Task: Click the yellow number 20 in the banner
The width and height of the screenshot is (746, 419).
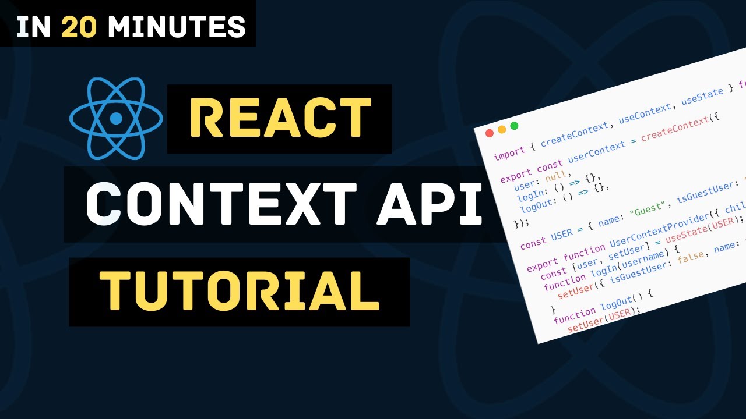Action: (80, 26)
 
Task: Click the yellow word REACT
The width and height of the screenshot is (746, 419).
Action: (280, 119)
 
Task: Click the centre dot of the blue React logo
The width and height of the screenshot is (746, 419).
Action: (116, 119)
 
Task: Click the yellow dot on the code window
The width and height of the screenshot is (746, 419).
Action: (502, 129)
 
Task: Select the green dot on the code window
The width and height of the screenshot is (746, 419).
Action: (514, 126)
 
